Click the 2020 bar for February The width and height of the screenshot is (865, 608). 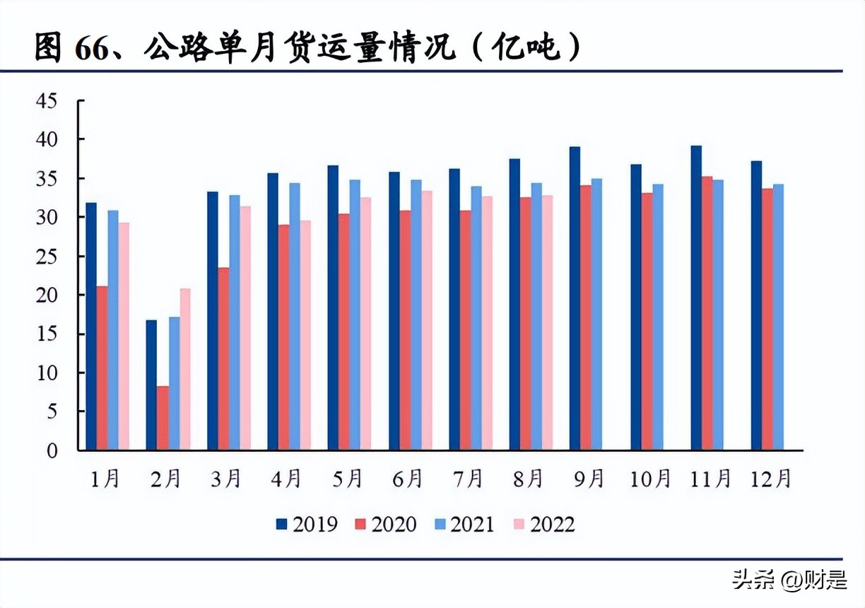coord(163,418)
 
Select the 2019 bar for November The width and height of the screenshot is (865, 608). coord(696,298)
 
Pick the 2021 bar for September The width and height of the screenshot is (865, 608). coord(596,315)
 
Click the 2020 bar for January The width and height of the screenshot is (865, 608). coord(102,368)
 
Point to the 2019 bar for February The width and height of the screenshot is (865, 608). coord(151,385)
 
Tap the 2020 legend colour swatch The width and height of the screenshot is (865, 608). coord(360,524)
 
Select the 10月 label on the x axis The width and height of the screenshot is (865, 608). coord(650,480)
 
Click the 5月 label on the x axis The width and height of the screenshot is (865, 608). coord(347,480)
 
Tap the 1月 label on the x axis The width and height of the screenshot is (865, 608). coord(105,480)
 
